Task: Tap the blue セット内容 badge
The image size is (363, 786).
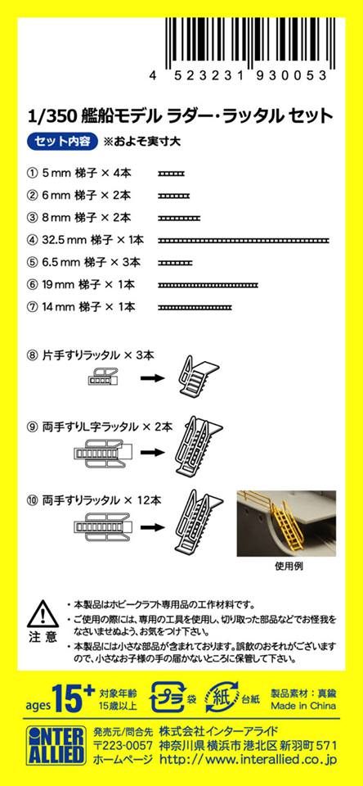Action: click(62, 142)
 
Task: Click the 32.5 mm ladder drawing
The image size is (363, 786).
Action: click(244, 241)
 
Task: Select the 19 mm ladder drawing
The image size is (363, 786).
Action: click(208, 285)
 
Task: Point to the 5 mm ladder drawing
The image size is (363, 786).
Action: click(171, 174)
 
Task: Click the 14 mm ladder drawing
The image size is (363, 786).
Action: click(195, 307)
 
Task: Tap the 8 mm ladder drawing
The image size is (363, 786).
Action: click(179, 218)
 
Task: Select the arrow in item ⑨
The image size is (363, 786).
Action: click(152, 452)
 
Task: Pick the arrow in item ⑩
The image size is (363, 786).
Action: click(152, 526)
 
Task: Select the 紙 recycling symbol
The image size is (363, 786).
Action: click(224, 697)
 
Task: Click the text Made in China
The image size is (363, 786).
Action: click(303, 706)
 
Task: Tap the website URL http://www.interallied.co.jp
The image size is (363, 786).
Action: click(248, 760)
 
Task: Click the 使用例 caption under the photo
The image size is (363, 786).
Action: click(289, 567)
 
